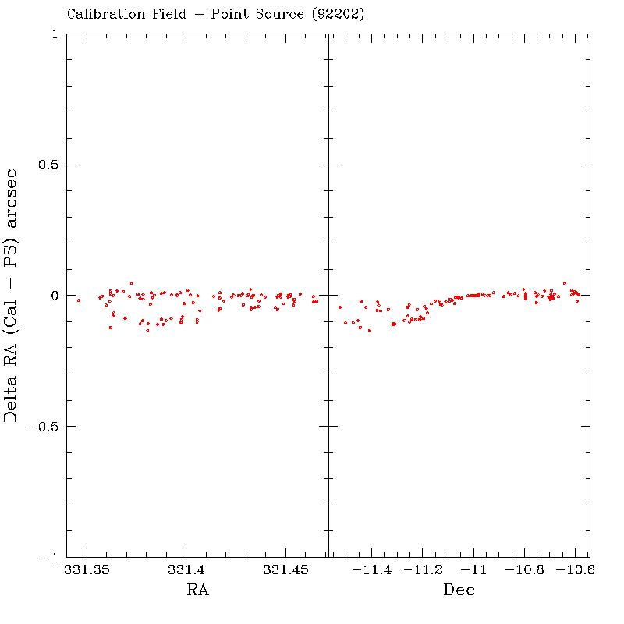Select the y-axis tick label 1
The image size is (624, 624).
[53, 34]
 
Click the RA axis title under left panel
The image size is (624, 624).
[197, 590]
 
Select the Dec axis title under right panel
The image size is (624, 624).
[459, 590]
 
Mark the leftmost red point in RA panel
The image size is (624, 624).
[79, 300]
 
